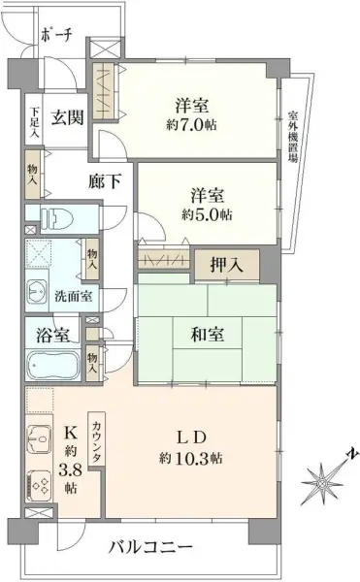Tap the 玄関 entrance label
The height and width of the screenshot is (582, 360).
tap(66, 118)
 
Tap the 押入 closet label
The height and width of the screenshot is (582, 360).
tap(227, 263)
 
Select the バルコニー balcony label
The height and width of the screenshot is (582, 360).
tap(150, 545)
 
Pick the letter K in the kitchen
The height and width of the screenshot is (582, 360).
tap(71, 434)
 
